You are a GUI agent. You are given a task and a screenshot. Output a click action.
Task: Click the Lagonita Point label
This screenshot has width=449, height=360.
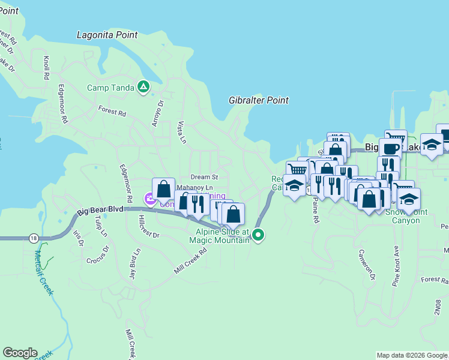click(x=107, y=35)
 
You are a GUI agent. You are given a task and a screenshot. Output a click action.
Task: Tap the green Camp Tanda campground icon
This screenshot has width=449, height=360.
click(x=143, y=88)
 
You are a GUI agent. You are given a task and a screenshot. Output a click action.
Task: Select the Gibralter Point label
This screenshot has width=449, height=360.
click(x=259, y=100)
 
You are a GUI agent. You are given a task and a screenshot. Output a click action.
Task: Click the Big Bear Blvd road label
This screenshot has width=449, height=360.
click(x=100, y=211)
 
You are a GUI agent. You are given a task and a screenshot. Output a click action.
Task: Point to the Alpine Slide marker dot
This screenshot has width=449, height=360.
click(x=258, y=235)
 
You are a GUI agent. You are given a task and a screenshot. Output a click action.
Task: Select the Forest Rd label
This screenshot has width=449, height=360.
click(x=112, y=112)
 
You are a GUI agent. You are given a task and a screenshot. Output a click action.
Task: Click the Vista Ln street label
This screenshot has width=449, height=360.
click(x=181, y=132)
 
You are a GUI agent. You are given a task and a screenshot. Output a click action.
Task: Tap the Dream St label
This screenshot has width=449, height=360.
click(x=204, y=177)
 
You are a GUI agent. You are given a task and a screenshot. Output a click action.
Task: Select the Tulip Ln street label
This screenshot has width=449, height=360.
click(x=103, y=224)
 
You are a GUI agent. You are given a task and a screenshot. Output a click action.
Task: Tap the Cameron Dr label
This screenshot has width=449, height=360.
click(x=367, y=265)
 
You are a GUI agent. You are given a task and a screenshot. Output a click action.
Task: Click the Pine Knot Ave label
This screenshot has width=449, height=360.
click(x=396, y=266)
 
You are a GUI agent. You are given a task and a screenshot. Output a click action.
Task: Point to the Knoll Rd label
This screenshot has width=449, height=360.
click(x=46, y=68)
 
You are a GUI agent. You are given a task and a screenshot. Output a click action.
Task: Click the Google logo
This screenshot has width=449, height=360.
click(x=20, y=353)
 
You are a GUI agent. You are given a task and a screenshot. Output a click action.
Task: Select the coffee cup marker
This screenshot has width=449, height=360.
click(x=390, y=148)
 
